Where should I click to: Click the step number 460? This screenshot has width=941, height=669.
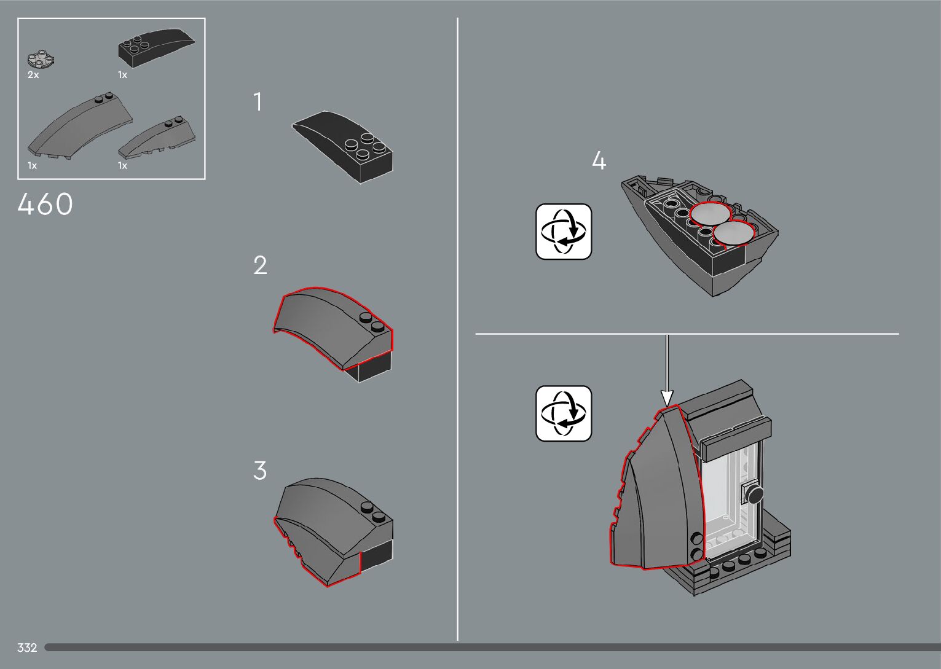[45, 205]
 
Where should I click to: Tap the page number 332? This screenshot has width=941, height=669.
[27, 647]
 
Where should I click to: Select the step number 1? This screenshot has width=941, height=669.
[258, 102]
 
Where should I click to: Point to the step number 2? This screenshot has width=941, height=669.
[260, 265]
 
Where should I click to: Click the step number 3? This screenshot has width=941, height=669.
[260, 471]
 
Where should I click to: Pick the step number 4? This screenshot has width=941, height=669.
[599, 162]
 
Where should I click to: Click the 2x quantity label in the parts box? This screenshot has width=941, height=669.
[33, 75]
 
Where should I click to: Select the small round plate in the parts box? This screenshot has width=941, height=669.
[41, 60]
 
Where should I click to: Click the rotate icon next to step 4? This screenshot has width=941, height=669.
[564, 232]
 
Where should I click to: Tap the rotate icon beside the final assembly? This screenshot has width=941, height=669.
[564, 413]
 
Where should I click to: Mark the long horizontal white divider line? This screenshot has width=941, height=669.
[687, 334]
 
